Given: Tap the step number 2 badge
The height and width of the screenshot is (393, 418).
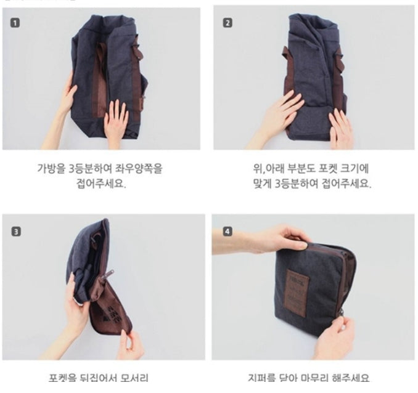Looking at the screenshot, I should (227, 23).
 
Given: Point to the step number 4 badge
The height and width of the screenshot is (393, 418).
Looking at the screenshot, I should (227, 232).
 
